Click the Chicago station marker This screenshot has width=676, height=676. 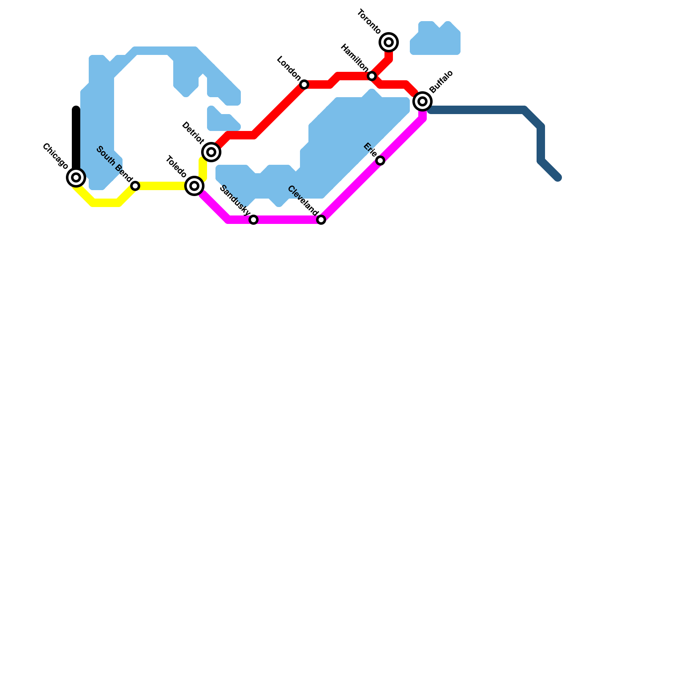[76, 177]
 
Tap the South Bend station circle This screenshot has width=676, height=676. [135, 186]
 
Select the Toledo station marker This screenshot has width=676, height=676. [194, 186]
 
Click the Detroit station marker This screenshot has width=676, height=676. [211, 152]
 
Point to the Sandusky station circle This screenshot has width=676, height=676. [253, 220]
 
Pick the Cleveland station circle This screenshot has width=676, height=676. [321, 220]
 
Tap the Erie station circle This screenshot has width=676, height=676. [380, 161]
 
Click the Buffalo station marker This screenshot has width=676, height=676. [422, 101]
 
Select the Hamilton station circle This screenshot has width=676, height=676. [372, 76]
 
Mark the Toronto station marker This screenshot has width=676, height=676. [389, 42]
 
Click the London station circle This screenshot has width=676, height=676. [304, 84]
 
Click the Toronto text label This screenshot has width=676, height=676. [369, 22]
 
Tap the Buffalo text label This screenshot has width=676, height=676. [441, 82]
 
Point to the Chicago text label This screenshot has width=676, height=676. [55, 157]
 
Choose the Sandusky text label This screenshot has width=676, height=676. [235, 199]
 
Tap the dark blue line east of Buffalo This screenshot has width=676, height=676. [477, 110]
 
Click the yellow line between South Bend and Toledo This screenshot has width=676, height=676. [163, 186]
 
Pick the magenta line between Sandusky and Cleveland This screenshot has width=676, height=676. [287, 220]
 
